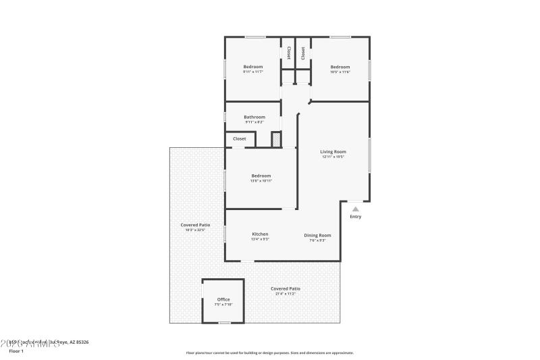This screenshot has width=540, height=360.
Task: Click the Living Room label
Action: click(x=333, y=151)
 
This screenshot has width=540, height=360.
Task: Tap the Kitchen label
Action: click(x=260, y=234)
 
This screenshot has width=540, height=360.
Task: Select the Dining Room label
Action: click(x=317, y=234)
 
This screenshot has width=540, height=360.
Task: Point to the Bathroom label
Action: click(x=254, y=117)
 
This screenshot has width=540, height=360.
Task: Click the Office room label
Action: click(x=223, y=299)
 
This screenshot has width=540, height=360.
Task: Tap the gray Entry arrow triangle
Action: click(x=356, y=209)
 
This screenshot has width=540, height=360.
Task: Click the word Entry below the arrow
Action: click(x=356, y=217)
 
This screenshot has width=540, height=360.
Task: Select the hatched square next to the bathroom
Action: click(x=276, y=139)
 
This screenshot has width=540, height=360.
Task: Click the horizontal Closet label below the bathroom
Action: click(x=240, y=138)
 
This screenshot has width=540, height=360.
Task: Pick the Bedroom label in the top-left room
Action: click(x=253, y=67)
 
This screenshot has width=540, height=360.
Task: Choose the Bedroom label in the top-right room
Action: click(x=340, y=67)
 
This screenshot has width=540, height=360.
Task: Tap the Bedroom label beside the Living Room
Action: click(x=261, y=176)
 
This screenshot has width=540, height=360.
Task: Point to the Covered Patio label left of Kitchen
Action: click(x=195, y=225)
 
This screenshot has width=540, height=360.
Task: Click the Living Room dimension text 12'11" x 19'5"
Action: click(x=333, y=157)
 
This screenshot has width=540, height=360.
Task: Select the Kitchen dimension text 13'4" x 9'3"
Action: click(x=260, y=240)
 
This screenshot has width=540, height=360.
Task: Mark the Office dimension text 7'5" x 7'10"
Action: click(x=223, y=305)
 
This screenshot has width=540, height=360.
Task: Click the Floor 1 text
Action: click(x=16, y=351)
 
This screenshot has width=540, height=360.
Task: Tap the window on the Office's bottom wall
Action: click(x=223, y=322)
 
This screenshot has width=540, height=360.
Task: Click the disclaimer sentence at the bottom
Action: click(x=269, y=353)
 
